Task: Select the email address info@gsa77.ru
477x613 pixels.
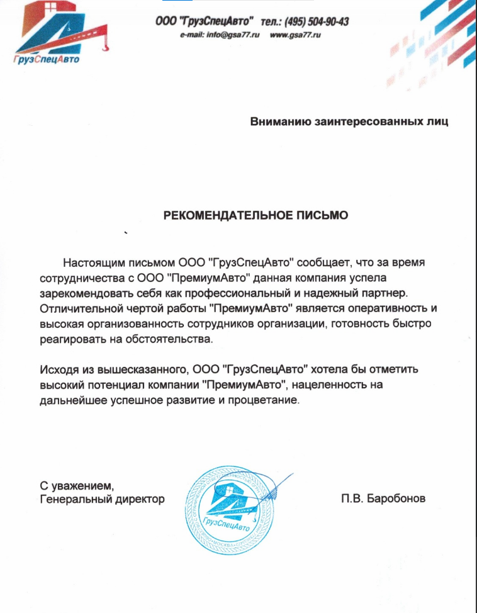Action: coord(220,35)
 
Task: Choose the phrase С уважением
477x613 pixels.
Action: coord(76,486)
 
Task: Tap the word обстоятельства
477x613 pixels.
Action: coord(169,340)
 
